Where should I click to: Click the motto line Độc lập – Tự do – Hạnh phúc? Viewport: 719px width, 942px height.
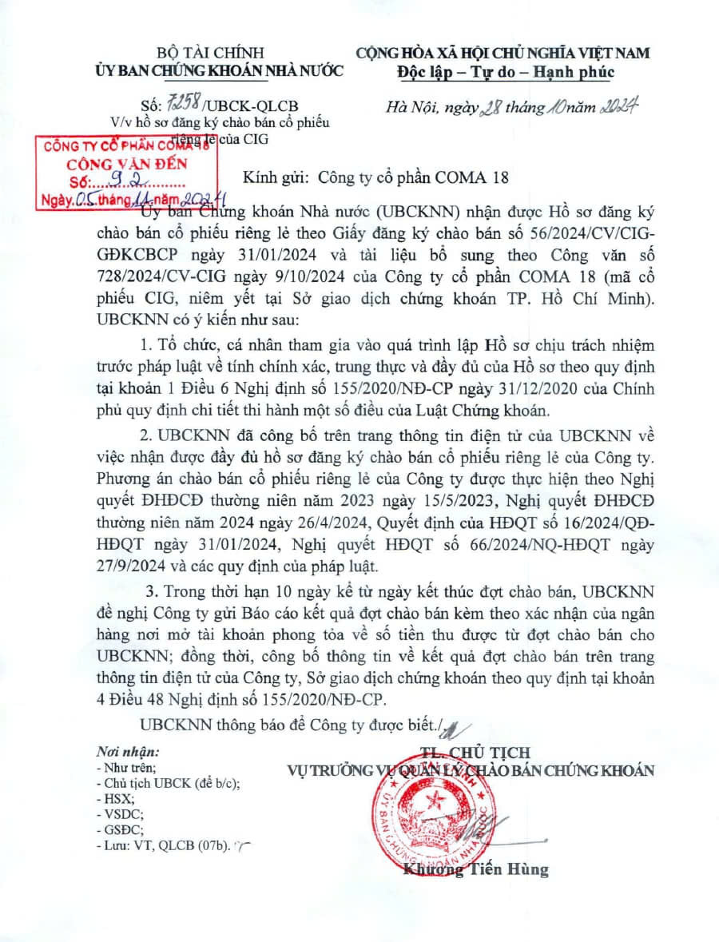tap(505, 72)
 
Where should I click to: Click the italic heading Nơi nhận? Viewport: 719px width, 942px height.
tap(129, 752)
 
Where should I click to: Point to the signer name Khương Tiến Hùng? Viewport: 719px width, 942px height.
tap(477, 870)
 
